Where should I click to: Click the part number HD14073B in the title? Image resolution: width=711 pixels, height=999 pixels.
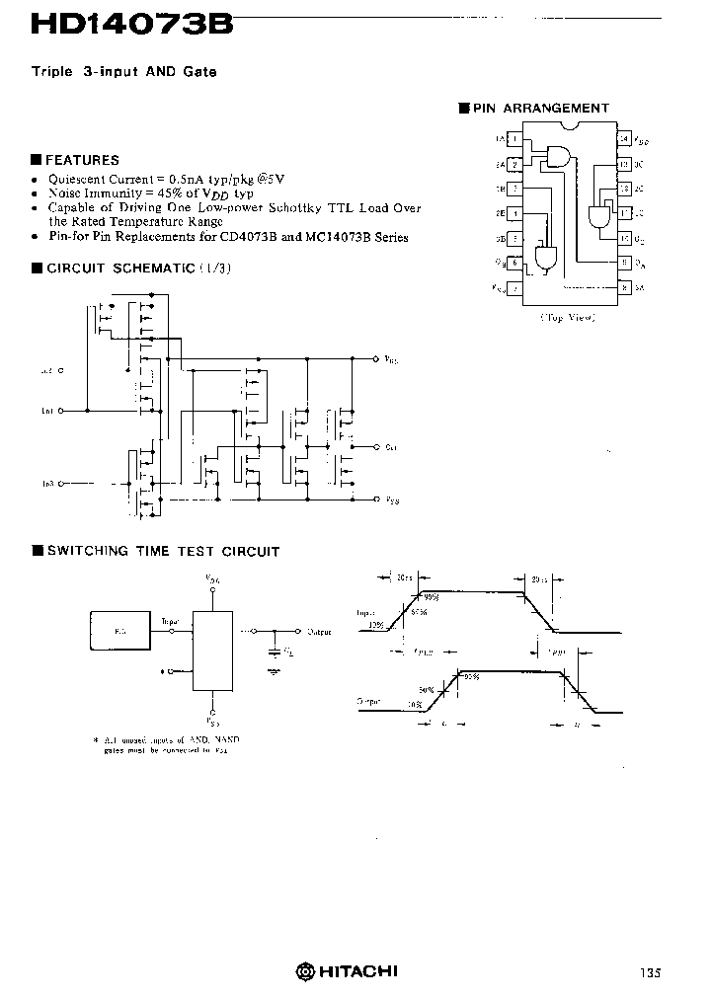pyautogui.click(x=132, y=24)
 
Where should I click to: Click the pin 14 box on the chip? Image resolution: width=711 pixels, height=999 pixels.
pyautogui.click(x=623, y=139)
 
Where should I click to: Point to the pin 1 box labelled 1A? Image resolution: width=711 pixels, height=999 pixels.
pyautogui.click(x=514, y=139)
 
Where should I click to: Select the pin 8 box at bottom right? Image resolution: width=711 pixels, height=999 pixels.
pyautogui.click(x=624, y=287)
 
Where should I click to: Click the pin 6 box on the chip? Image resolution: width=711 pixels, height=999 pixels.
pyautogui.click(x=514, y=263)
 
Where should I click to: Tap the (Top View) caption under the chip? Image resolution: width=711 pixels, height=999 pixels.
pyautogui.click(x=567, y=318)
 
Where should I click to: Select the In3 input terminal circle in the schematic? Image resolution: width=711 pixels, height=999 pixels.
pyautogui.click(x=62, y=484)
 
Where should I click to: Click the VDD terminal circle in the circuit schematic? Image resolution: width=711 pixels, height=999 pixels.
pyautogui.click(x=375, y=360)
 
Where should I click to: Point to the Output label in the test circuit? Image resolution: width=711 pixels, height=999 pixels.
pyautogui.click(x=319, y=631)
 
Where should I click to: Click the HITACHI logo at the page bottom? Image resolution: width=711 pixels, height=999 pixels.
pyautogui.click(x=347, y=971)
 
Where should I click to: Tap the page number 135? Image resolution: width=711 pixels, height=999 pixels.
pyautogui.click(x=649, y=972)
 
